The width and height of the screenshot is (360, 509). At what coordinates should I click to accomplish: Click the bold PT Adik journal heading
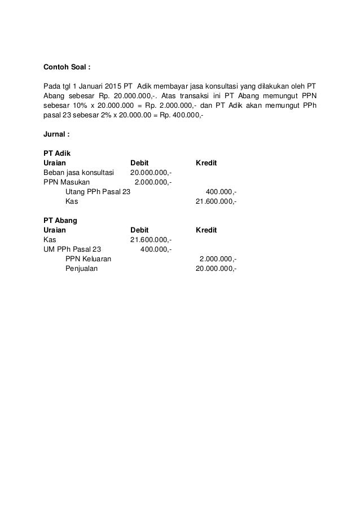click(x=56, y=153)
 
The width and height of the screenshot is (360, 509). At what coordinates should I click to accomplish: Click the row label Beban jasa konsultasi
click(x=78, y=172)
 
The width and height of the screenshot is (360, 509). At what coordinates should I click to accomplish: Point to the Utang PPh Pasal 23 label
click(x=98, y=191)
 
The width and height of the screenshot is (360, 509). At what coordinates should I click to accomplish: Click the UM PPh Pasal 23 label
click(x=72, y=249)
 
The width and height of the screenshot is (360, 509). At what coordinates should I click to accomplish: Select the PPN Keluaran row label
click(x=88, y=258)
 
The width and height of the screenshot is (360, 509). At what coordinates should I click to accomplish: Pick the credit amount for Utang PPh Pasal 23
click(x=221, y=191)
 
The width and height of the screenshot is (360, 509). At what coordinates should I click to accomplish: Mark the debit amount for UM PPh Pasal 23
click(x=156, y=249)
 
